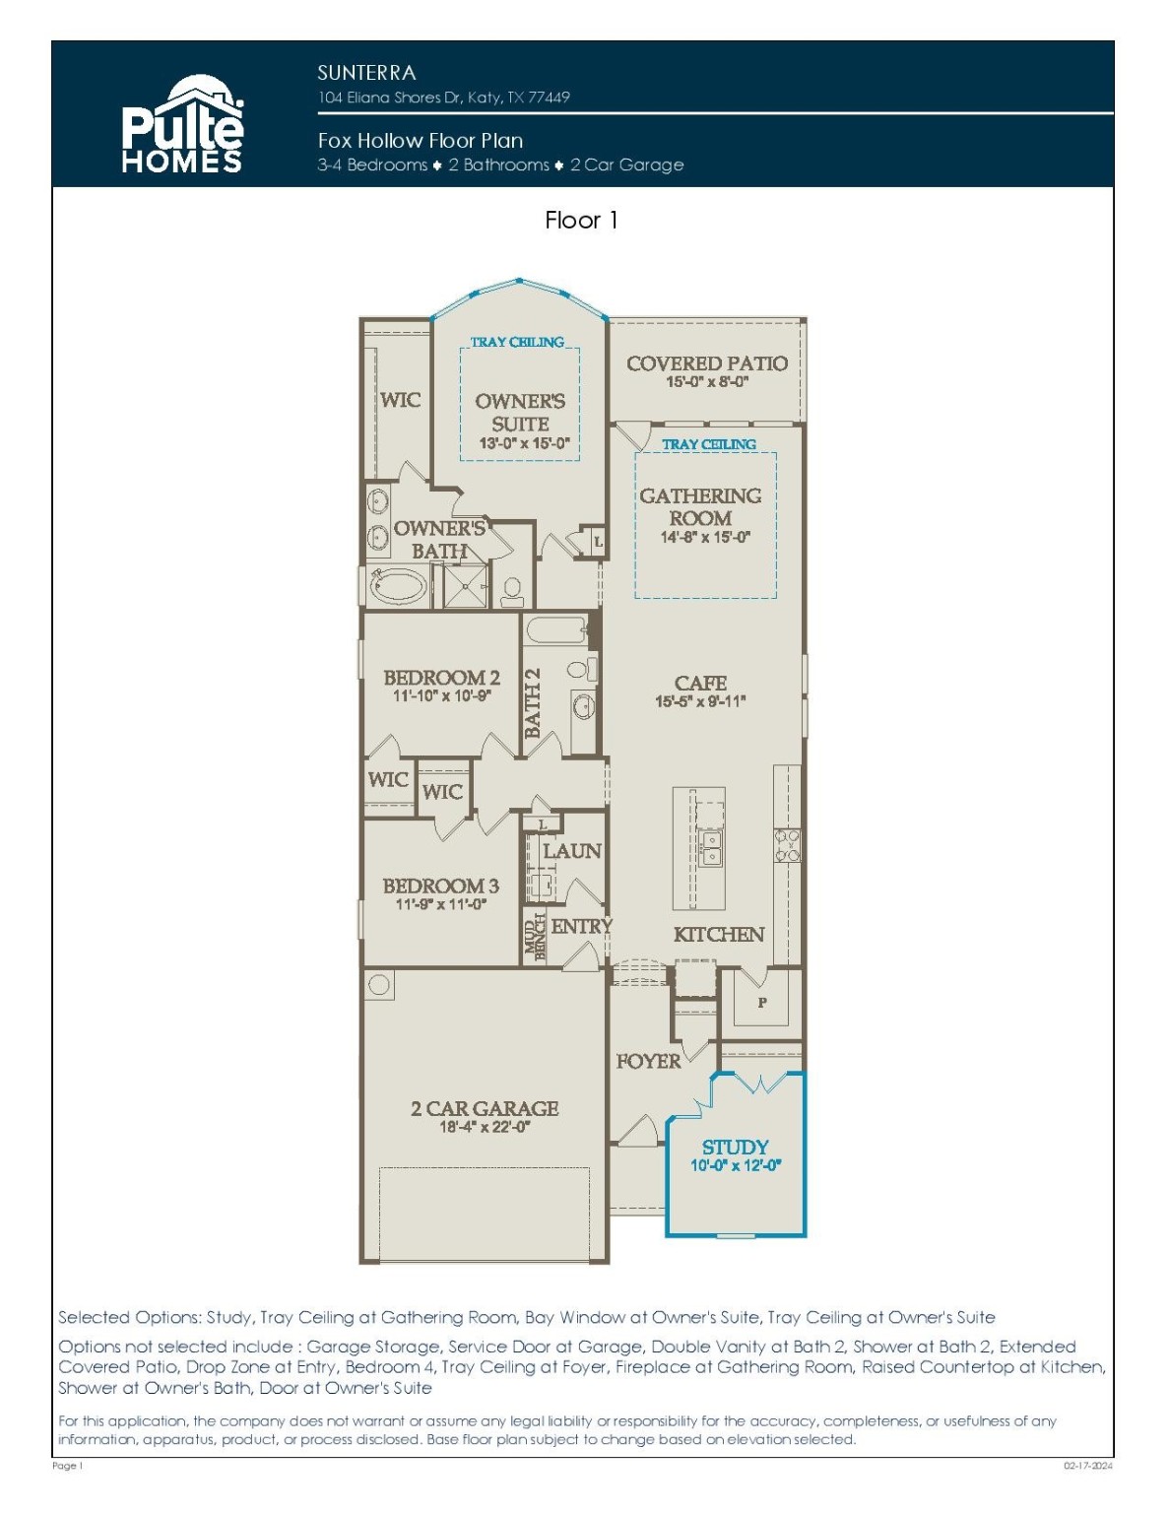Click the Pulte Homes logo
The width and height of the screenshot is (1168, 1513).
pyautogui.click(x=182, y=124)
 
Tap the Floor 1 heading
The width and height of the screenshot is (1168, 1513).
pyautogui.click(x=581, y=221)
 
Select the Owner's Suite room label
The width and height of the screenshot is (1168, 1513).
pyautogui.click(x=520, y=412)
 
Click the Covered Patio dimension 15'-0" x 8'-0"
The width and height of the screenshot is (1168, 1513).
pyautogui.click(x=707, y=381)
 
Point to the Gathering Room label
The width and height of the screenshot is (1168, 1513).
pyautogui.click(x=700, y=507)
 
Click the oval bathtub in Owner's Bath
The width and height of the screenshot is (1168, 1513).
pyautogui.click(x=398, y=586)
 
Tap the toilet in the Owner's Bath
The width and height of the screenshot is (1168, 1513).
pyautogui.click(x=512, y=590)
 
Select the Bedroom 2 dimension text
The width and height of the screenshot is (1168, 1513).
pyautogui.click(x=442, y=695)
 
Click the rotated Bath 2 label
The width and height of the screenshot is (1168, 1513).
pyautogui.click(x=533, y=702)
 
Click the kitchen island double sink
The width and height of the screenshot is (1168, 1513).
pyautogui.click(x=710, y=847)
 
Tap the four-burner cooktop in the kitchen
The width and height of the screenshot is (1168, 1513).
pyautogui.click(x=788, y=844)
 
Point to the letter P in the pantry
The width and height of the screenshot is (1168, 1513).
pyautogui.click(x=762, y=1003)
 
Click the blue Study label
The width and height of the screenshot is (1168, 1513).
pyautogui.click(x=735, y=1147)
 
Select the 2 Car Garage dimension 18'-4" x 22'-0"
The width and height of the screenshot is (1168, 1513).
pyautogui.click(x=486, y=1127)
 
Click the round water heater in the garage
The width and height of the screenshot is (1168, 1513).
pyautogui.click(x=378, y=984)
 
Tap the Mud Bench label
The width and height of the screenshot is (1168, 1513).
pyautogui.click(x=536, y=937)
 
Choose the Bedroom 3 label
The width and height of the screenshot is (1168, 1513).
pyautogui.click(x=440, y=886)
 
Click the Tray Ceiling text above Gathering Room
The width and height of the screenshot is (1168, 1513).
pyautogui.click(x=709, y=443)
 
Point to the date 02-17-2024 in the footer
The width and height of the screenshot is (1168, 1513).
pyautogui.click(x=1088, y=1466)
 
